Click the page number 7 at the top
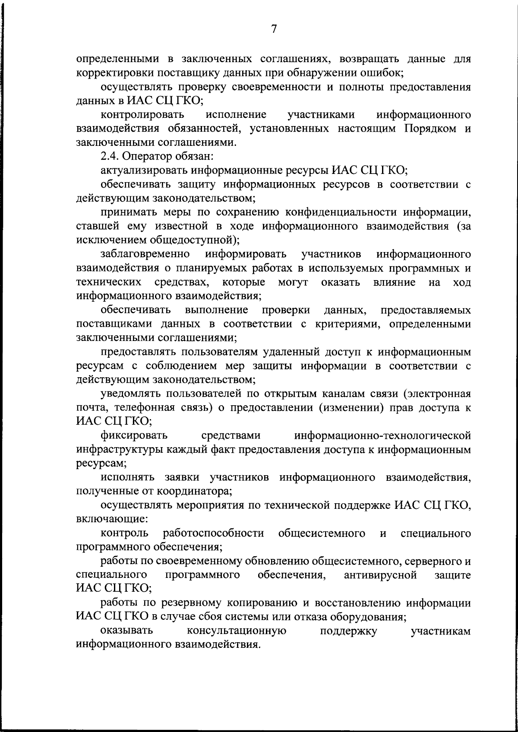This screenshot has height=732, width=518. (274, 29)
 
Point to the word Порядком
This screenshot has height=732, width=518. (429, 128)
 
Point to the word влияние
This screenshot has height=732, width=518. (396, 282)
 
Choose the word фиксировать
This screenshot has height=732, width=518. (134, 435)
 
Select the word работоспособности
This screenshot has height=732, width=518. (214, 533)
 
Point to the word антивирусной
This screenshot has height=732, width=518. (381, 575)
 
